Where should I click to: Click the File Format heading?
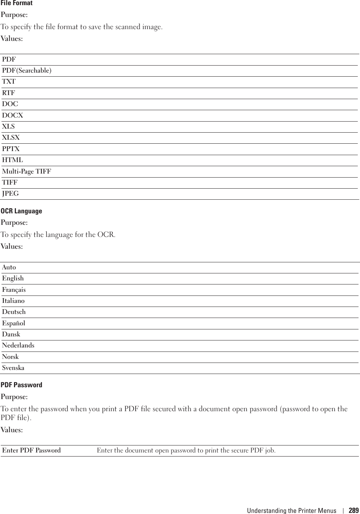(17, 3)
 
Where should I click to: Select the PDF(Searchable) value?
(27, 70)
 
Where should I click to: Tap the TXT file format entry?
(9, 81)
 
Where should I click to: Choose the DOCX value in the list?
(13, 115)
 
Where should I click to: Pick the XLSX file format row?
(11, 137)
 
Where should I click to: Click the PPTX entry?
(11, 149)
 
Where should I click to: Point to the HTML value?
(13, 160)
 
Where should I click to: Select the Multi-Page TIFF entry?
(27, 171)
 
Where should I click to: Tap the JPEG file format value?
(10, 193)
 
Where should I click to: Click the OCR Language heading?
(21, 211)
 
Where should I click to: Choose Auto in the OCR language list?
(9, 267)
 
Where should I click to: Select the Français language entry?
(14, 290)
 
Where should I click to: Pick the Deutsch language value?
(14, 312)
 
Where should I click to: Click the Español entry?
(14, 323)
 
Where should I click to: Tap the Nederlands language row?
(18, 345)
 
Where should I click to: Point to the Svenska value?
(13, 368)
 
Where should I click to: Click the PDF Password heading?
(21, 385)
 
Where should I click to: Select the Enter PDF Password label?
(31, 450)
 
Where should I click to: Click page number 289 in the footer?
(353, 510)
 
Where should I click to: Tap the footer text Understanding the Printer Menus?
(291, 510)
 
